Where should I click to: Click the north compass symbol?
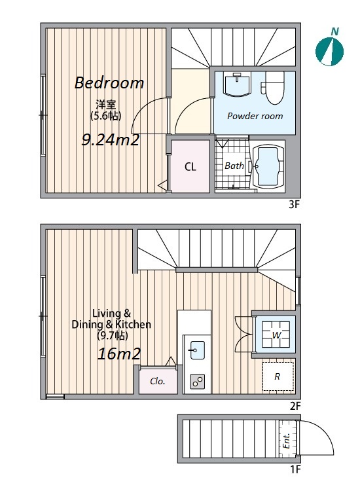pyautogui.click(x=329, y=51)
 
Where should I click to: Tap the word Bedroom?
pyautogui.click(x=109, y=83)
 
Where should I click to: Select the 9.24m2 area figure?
pyautogui.click(x=110, y=139)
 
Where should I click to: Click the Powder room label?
pyautogui.click(x=255, y=116)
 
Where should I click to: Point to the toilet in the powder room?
pyautogui.click(x=273, y=88)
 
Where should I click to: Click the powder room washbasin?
pyautogui.click(x=238, y=84)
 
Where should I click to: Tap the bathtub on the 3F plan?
pyautogui.click(x=268, y=166)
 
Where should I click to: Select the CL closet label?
pyautogui.click(x=190, y=166)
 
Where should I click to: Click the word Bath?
pyautogui.click(x=234, y=166)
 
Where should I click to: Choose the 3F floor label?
pyautogui.click(x=295, y=205)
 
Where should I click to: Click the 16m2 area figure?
pyautogui.click(x=119, y=354)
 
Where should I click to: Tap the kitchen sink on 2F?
pyautogui.click(x=198, y=350)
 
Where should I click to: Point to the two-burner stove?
pyautogui.click(x=198, y=382)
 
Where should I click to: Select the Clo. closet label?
pyautogui.click(x=158, y=381)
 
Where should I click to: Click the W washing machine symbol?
pyautogui.click(x=276, y=335)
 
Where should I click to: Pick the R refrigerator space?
pyautogui.click(x=278, y=376)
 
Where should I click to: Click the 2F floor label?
pyautogui.click(x=295, y=406)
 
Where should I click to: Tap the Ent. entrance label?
pyautogui.click(x=286, y=441)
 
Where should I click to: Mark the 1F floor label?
pyautogui.click(x=295, y=469)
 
